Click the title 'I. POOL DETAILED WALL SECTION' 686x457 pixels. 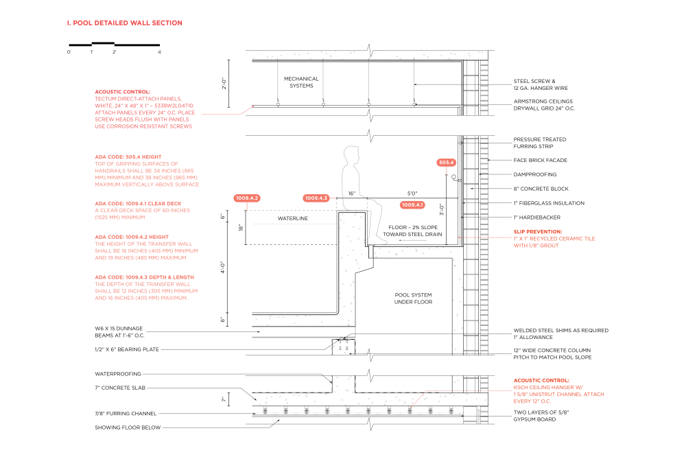pos(125,23)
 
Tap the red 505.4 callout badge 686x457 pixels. pos(447,163)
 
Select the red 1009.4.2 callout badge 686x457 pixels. pos(247,198)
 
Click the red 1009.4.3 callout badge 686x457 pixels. pos(316,198)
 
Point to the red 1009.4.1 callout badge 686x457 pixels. pos(412,205)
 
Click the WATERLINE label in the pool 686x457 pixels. pos(293,218)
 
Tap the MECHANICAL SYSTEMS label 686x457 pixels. pos(301,82)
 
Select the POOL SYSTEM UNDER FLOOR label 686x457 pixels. pos(414,298)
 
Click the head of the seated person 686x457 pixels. pos(351,155)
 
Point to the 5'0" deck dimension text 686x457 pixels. pos(412,194)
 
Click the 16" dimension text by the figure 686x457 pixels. pos(352,194)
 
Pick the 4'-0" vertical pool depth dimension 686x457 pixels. pos(223,268)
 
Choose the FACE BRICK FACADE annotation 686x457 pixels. pos(541,160)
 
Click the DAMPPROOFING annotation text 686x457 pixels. pos(535,174)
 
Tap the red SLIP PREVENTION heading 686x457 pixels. pos(538,231)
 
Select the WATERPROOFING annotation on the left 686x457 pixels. pos(118,374)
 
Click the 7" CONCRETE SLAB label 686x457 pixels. pos(120,388)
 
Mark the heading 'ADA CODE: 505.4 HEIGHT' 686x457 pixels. pos(128,156)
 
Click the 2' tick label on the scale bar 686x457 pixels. pos(114,52)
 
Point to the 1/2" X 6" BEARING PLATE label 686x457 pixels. pos(127,349)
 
